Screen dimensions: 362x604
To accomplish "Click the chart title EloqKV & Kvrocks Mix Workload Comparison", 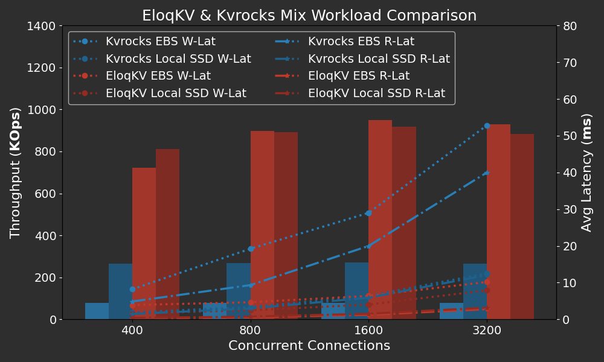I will (309, 16).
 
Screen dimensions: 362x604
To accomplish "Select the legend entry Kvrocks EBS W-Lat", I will (160, 42).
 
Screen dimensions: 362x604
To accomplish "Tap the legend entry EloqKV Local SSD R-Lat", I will (376, 94).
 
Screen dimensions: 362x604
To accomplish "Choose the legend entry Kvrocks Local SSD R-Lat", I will (379, 59).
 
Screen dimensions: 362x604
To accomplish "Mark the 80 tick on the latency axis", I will (570, 26).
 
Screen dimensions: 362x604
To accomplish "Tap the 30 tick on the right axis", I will (570, 209).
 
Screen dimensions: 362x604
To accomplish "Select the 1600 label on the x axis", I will (368, 331).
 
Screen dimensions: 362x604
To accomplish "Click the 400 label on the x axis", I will (132, 331).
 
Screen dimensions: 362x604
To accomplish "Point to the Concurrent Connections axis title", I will (309, 346).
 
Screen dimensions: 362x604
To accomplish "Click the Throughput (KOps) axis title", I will (16, 173).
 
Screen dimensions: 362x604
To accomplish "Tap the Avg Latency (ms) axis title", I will (586, 173).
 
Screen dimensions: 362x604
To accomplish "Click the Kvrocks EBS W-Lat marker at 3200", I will (487, 125).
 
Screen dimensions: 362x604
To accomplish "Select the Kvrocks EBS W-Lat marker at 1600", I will (368, 213).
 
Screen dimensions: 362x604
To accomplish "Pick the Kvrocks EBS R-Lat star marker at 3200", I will (487, 173).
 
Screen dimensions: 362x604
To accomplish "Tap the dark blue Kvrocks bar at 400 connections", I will (120, 291).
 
